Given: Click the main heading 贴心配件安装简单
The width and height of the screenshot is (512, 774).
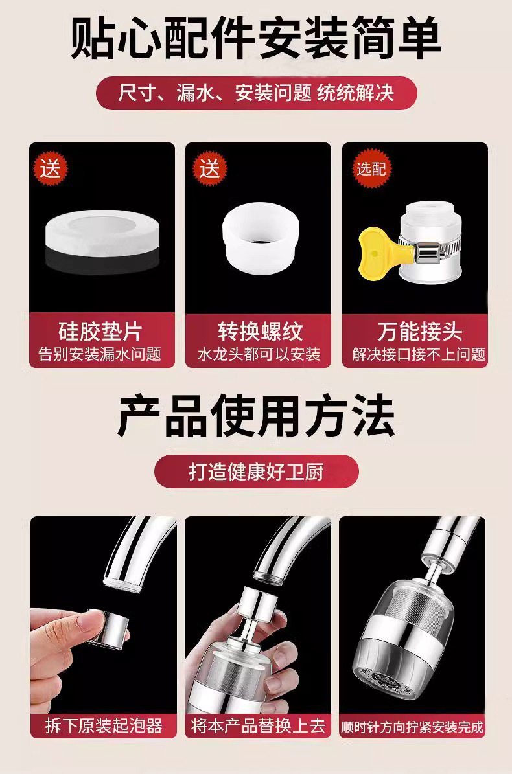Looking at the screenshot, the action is pyautogui.click(x=256, y=38).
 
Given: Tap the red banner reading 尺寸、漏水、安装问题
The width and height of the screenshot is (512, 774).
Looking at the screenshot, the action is pyautogui.click(x=256, y=93).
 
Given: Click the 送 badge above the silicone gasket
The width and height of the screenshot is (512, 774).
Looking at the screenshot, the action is pyautogui.click(x=51, y=169).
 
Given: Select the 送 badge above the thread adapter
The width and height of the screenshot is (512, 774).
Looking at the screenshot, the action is pyautogui.click(x=209, y=169).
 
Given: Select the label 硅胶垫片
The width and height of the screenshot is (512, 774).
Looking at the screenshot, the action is pyautogui.click(x=100, y=331).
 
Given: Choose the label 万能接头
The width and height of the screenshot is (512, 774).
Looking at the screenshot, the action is pyautogui.click(x=420, y=331).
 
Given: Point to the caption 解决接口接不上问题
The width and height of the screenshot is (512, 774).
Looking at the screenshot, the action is pyautogui.click(x=419, y=354).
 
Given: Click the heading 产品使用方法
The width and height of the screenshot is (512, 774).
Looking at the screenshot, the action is pyautogui.click(x=256, y=415).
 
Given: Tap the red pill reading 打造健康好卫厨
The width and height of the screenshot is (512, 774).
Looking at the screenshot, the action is pyautogui.click(x=256, y=472).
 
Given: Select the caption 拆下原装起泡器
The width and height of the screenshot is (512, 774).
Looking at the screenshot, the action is pyautogui.click(x=104, y=725).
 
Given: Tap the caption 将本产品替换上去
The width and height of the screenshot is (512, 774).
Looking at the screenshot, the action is pyautogui.click(x=258, y=725).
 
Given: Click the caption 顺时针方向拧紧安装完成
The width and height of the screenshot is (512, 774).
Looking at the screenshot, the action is pyautogui.click(x=412, y=727).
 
